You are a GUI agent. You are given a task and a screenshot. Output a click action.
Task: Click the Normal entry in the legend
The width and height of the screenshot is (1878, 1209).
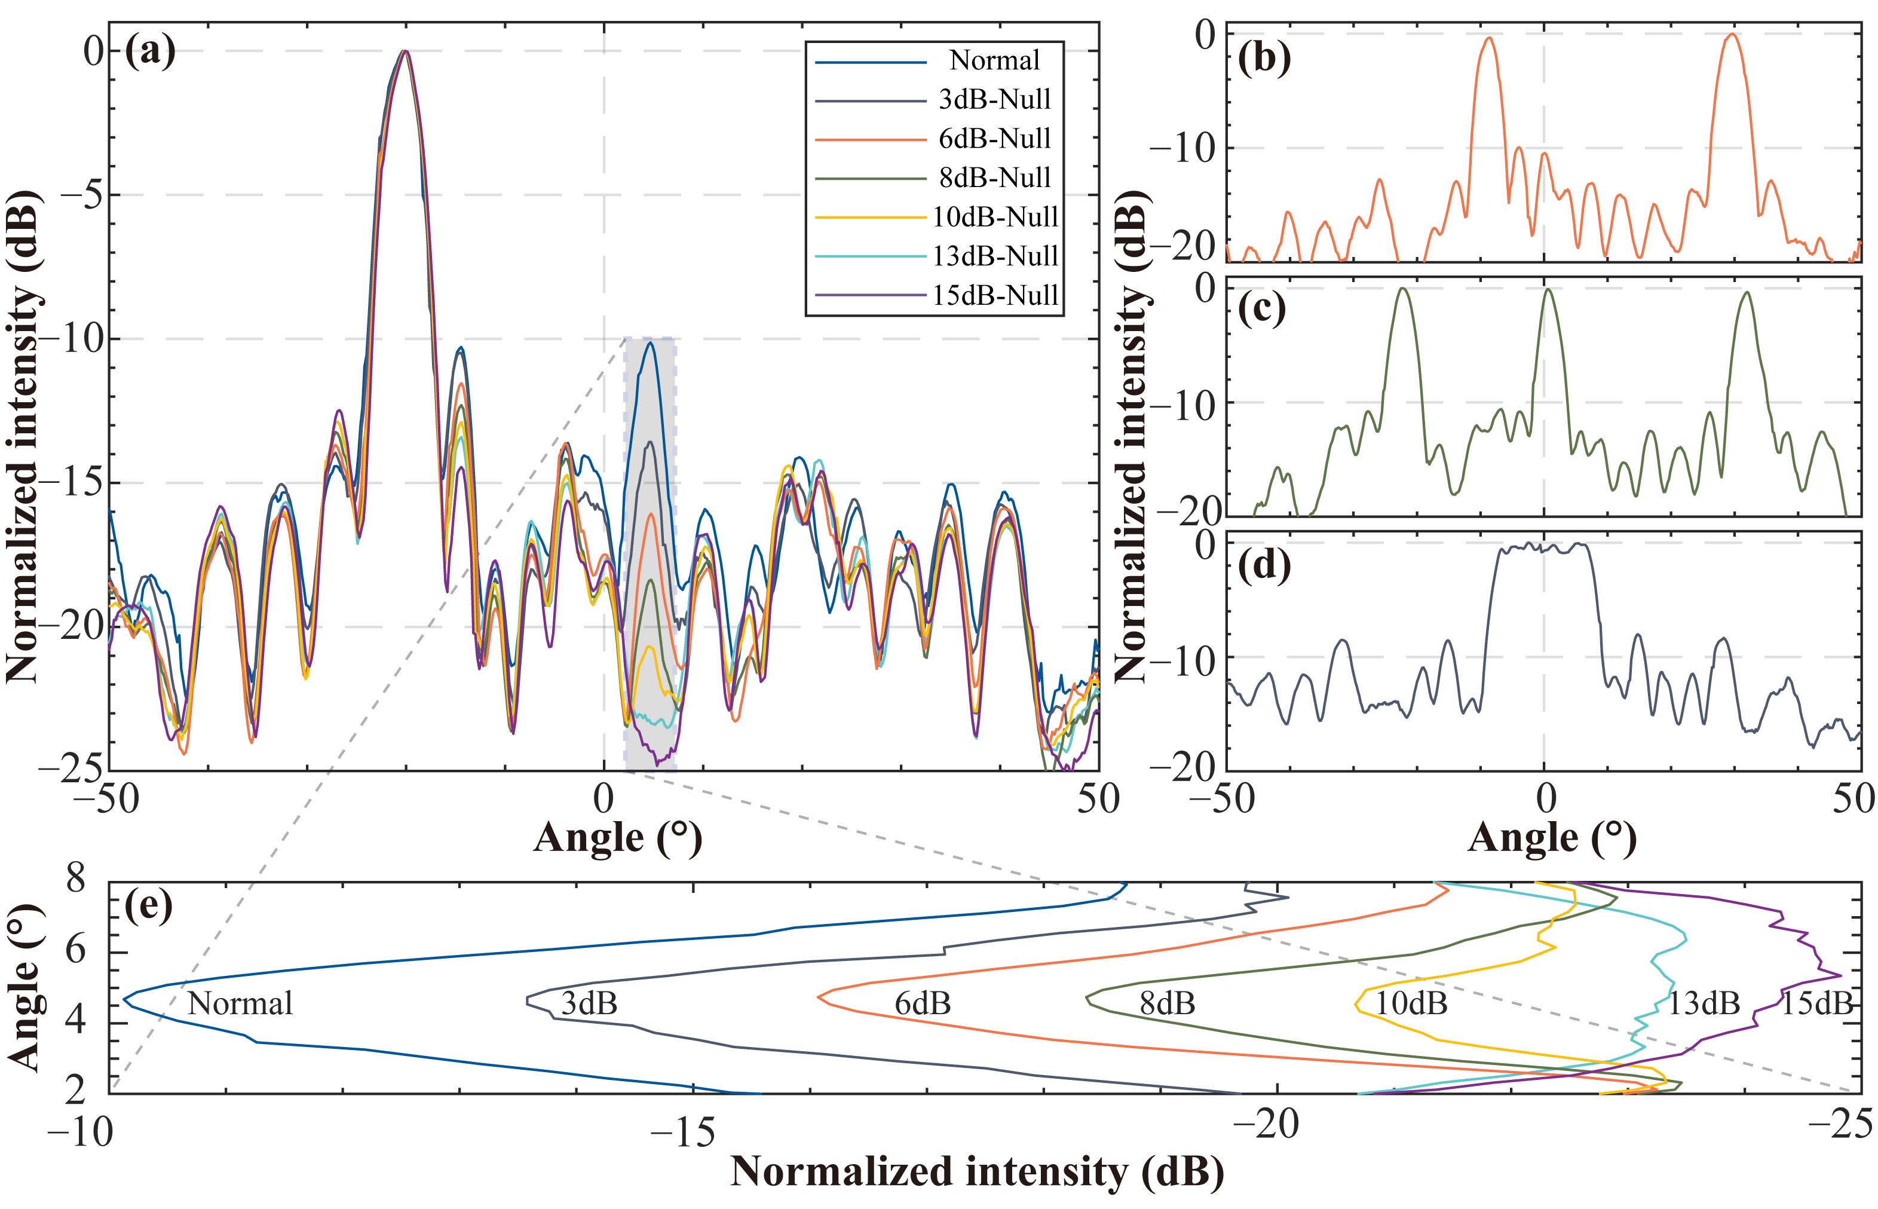click(x=994, y=60)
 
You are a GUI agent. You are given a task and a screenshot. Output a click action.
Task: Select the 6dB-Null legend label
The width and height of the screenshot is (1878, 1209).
click(x=994, y=139)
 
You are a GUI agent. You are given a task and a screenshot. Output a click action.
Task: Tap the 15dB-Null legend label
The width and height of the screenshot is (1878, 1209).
click(x=995, y=296)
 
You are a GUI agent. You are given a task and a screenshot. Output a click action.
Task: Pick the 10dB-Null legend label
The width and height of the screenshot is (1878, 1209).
click(x=995, y=218)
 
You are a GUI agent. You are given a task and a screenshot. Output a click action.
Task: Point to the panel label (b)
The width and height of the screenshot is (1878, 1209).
click(x=1264, y=59)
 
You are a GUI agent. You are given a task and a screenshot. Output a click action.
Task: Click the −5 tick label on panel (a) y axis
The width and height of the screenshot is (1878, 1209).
click(x=82, y=195)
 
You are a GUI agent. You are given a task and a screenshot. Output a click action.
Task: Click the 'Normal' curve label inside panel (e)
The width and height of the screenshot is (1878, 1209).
click(x=240, y=1003)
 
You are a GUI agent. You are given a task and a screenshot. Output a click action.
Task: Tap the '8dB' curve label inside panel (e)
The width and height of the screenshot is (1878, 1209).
click(x=1167, y=1003)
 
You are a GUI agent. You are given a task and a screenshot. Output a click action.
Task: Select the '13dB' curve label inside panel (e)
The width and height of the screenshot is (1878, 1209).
click(x=1704, y=1003)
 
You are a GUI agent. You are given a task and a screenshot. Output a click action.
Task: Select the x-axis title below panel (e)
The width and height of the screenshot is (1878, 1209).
click(x=976, y=1171)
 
